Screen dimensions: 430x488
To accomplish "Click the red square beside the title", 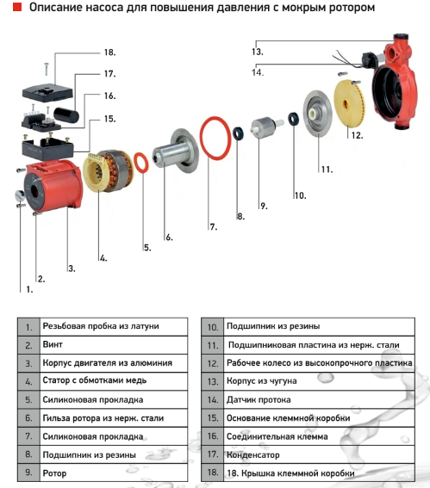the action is click(x=17, y=7).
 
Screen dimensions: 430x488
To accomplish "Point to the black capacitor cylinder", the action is click(x=66, y=114).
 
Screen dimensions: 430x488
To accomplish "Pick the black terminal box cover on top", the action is click(x=47, y=93).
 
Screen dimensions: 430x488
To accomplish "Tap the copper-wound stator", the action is click(x=108, y=170).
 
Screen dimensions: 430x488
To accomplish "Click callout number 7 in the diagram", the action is click(x=213, y=227).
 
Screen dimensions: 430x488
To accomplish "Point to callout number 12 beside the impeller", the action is click(x=357, y=135).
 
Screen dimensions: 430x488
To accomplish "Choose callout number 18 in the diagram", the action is click(x=109, y=52).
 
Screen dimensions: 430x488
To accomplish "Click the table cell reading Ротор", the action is click(x=114, y=473).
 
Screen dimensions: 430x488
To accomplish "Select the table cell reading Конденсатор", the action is click(x=319, y=454).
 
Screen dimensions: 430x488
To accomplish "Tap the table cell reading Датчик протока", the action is click(x=319, y=399).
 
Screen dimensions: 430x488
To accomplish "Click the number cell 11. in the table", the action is click(x=213, y=345).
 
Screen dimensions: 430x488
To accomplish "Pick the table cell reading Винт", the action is click(x=114, y=344).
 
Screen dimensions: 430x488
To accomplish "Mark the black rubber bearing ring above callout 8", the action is click(x=239, y=133).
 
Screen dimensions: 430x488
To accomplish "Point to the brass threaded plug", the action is click(x=19, y=195).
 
